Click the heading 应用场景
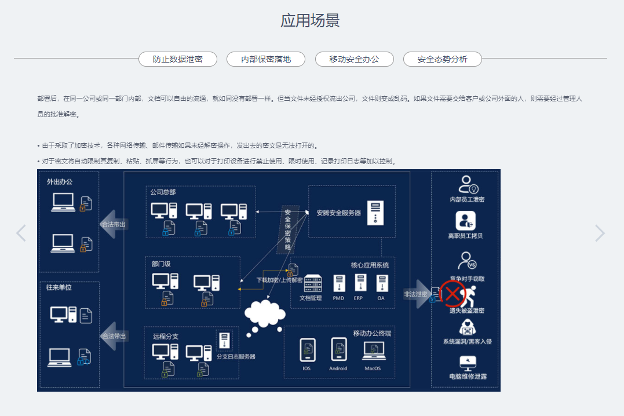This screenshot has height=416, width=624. coord(310,20)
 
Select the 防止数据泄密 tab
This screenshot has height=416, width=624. coord(178,59)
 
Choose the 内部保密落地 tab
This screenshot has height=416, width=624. coord(266,59)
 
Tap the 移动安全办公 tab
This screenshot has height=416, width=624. coord(354,59)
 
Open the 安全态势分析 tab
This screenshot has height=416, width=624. coord(442,59)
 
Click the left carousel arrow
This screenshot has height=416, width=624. coord(21,233)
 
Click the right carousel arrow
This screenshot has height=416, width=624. coord(600,233)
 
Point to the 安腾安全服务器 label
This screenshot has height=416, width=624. coord(338,213)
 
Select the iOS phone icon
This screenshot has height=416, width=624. coord(307,350)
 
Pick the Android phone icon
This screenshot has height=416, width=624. coord(338,350)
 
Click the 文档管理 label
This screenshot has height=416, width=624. coord(311,298)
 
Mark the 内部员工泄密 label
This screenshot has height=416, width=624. coord(467,199)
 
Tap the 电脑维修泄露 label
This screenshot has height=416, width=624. coord(467,377)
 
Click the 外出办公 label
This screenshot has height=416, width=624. coord(60,182)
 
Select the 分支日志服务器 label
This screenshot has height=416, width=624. coord(236,357)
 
